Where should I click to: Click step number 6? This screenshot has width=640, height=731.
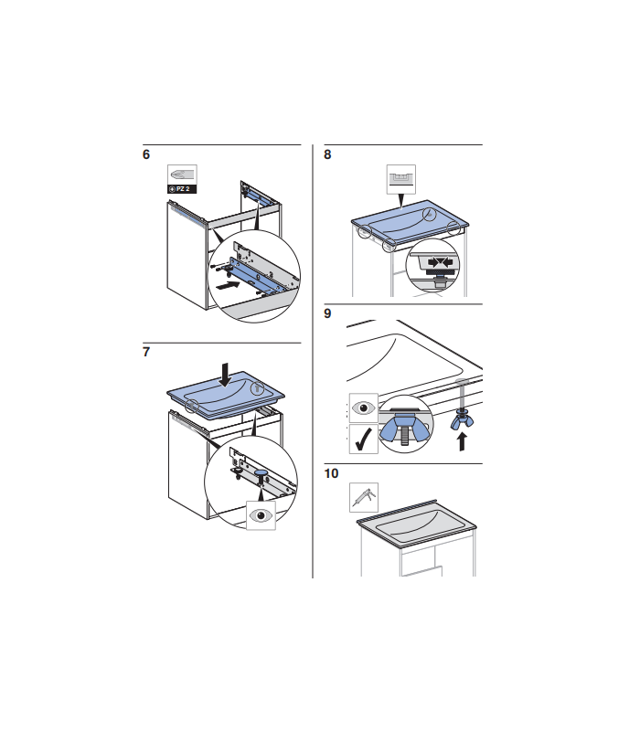(146, 154)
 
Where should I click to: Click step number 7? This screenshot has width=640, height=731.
(146, 352)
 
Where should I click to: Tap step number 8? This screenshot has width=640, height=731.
(327, 154)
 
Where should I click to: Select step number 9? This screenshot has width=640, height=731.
(327, 313)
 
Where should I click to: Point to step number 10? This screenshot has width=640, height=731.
(331, 473)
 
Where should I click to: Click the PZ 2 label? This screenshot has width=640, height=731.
(182, 189)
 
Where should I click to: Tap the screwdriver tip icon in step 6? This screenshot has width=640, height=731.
(182, 175)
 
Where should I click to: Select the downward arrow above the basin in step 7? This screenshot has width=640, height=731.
(225, 375)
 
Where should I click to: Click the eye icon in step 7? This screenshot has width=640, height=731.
(261, 515)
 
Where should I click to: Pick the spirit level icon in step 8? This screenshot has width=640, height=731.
(400, 178)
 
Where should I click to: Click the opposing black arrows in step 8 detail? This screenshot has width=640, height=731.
(441, 262)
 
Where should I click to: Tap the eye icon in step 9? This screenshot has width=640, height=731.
(363, 408)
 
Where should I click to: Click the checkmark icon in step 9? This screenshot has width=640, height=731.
(363, 440)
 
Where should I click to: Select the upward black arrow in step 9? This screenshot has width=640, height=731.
(462, 441)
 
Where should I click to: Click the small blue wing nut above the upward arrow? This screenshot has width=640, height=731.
(462, 420)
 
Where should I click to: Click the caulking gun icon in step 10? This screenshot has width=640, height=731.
(364, 497)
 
